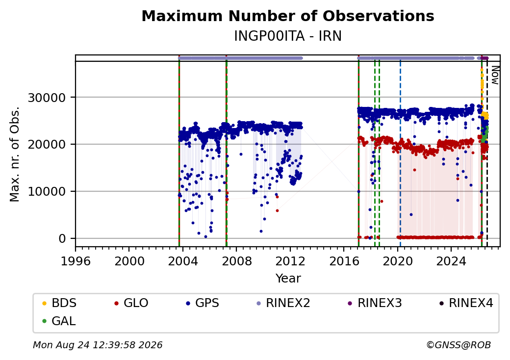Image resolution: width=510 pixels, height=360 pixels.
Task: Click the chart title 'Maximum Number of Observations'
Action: coord(288,16)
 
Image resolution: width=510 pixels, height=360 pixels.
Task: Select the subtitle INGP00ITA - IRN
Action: coord(288,36)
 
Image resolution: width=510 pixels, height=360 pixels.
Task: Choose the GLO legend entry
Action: coord(131,303)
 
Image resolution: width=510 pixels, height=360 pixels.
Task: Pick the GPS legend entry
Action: coord(203,303)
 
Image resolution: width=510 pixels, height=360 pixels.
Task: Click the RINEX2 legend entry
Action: coord(283,303)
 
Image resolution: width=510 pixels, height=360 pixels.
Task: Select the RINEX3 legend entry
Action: coord(375,303)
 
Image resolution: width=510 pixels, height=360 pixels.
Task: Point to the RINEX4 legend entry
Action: coord(466,303)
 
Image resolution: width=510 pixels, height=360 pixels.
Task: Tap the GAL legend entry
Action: coord(59,321)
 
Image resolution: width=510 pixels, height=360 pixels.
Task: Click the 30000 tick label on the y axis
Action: coord(47,98)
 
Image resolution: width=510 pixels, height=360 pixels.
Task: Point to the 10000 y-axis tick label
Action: coord(47,192)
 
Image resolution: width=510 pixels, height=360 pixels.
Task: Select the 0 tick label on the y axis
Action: coord(62,239)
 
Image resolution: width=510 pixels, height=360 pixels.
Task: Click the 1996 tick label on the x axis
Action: coord(76,261)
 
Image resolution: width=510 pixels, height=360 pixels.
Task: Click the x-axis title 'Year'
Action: coord(288,279)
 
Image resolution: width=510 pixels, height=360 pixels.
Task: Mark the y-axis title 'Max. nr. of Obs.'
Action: coord(15,154)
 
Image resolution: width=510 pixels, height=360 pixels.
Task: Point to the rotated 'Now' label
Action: coord(495,75)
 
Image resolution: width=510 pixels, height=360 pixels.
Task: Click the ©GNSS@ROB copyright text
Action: coord(459,345)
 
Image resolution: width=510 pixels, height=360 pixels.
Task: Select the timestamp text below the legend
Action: coord(98,345)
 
